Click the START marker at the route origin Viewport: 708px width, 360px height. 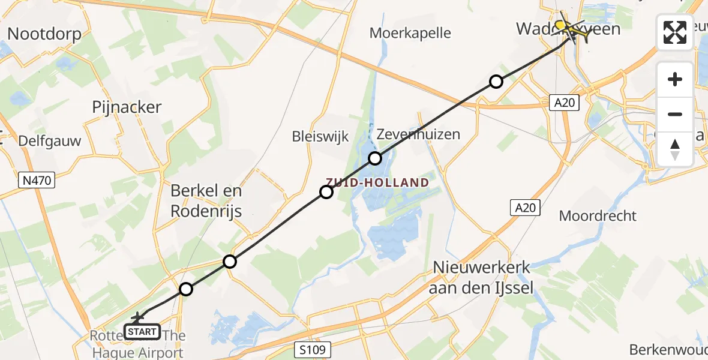click(142, 331)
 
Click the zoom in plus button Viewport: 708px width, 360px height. click(675, 79)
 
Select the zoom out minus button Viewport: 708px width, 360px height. click(675, 114)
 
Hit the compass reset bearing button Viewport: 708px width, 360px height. click(675, 149)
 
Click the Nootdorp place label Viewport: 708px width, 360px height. click(45, 34)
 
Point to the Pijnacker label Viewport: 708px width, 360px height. click(127, 107)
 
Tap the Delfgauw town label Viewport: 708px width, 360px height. click(50, 142)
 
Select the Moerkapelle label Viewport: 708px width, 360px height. click(410, 32)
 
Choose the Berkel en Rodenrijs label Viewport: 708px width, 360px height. click(206, 201)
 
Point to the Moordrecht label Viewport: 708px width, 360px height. click(598, 215)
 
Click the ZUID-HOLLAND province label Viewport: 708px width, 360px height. click(378, 182)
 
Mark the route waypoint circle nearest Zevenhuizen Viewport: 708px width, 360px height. click(375, 158)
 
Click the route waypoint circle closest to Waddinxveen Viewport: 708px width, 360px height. click(496, 82)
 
